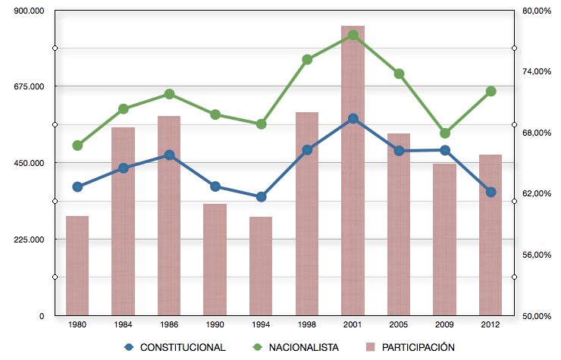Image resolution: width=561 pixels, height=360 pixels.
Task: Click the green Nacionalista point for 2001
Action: click(353, 35)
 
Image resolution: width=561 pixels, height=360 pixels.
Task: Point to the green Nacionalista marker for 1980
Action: click(77, 146)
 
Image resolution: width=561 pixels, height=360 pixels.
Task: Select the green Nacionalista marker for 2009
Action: click(445, 133)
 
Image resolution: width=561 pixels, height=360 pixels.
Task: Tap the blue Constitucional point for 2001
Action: click(353, 119)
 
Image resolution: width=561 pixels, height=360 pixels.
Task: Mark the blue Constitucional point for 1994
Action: click(262, 197)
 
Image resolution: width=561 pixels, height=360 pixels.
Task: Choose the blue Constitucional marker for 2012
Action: click(491, 193)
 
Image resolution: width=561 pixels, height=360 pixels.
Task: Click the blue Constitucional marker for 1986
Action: click(169, 155)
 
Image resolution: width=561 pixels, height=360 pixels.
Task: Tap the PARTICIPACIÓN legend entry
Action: click(409, 347)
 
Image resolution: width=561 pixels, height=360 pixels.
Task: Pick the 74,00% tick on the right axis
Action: click(536, 71)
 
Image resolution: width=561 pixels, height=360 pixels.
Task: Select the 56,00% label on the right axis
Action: click(536, 255)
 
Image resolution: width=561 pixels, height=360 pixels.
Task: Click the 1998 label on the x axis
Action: click(307, 324)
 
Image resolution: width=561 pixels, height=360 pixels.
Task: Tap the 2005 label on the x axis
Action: click(399, 324)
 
